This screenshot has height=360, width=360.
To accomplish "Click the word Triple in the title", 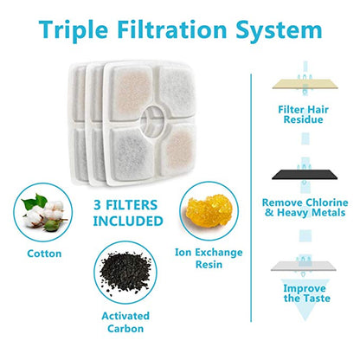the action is click(74, 30).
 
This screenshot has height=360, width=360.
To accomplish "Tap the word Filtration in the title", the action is click(172, 29).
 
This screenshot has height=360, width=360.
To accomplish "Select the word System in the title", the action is click(279, 31).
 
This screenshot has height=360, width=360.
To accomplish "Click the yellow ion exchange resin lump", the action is click(209, 210).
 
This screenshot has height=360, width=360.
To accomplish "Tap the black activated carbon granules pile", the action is click(125, 272).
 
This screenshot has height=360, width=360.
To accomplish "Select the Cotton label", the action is click(44, 254).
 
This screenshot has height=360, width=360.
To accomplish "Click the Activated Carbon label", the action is click(125, 322).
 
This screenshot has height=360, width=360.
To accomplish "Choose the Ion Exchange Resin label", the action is click(209, 258).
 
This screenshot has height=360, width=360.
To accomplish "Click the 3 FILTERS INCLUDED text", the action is click(128, 213).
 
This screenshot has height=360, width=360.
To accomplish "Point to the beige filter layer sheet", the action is click(305, 84).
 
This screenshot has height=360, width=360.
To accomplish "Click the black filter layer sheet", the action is click(305, 175).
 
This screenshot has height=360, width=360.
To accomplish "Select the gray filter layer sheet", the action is click(304, 266).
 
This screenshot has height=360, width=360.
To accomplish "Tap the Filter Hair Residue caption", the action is click(303, 114).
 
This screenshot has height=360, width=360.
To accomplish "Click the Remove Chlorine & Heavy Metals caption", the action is click(305, 208).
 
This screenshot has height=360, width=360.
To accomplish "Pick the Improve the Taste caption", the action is click(306, 293).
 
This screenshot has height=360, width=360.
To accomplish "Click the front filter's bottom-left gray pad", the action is click(132, 154).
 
